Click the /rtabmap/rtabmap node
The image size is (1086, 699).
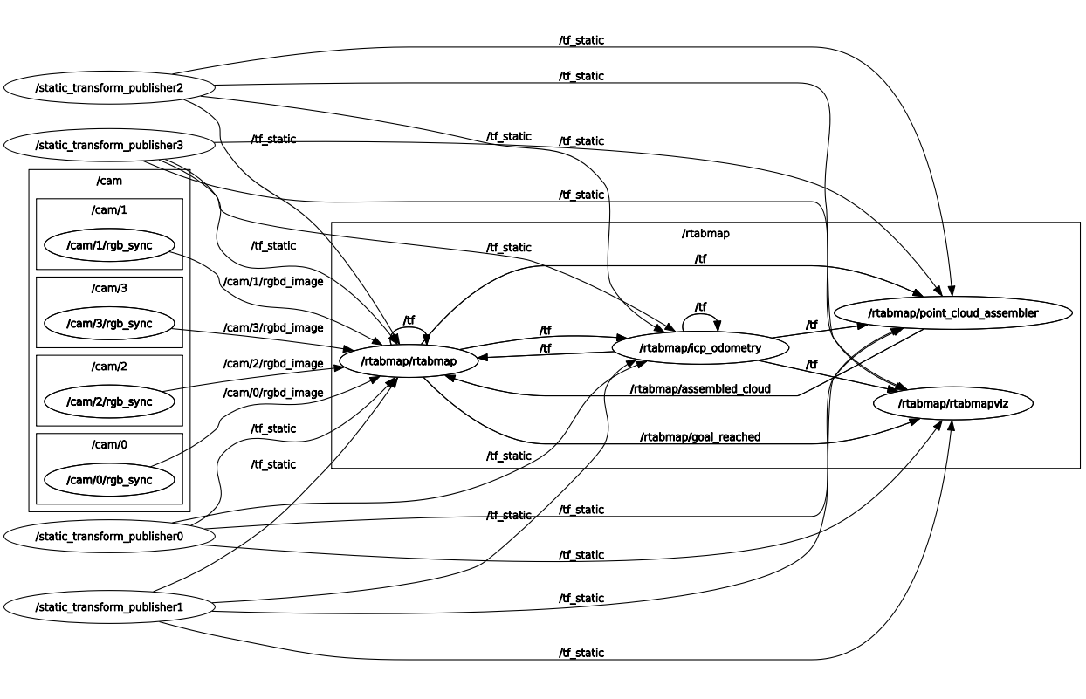click(x=409, y=360)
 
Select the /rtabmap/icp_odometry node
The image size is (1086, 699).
click(x=700, y=348)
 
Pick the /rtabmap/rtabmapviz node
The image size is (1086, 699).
click(x=952, y=403)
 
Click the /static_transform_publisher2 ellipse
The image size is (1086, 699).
click(x=109, y=87)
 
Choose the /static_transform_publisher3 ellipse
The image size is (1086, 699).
click(x=109, y=144)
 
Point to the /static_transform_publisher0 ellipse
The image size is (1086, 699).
click(x=109, y=536)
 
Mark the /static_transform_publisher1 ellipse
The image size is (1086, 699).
click(x=109, y=606)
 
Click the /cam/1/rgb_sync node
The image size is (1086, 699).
click(x=109, y=245)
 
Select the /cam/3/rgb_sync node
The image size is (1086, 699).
click(x=109, y=324)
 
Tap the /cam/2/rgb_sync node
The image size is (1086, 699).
click(x=109, y=401)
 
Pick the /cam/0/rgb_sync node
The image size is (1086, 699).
click(x=109, y=480)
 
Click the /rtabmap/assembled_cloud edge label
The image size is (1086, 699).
click(x=700, y=388)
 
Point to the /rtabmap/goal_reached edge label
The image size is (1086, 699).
click(x=700, y=436)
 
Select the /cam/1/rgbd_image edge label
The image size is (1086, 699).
click(x=273, y=281)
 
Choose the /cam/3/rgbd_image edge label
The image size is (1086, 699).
click(x=273, y=328)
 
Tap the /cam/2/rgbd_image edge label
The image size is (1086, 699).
click(x=273, y=363)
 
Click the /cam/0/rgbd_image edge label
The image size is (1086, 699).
click(x=273, y=393)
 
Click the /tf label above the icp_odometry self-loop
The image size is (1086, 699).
click(x=700, y=306)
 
